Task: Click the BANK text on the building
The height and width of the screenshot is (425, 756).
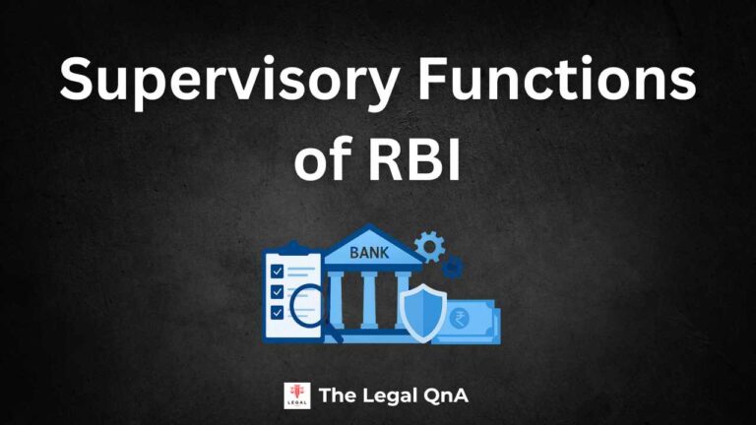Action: pyautogui.click(x=369, y=253)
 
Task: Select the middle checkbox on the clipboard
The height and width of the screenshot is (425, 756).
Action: pyautogui.click(x=278, y=292)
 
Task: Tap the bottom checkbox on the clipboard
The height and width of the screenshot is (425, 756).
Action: pyautogui.click(x=278, y=313)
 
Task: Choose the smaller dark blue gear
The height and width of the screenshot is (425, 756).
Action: pyautogui.click(x=452, y=266)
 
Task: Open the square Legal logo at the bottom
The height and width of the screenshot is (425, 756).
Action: pyautogui.click(x=296, y=395)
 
